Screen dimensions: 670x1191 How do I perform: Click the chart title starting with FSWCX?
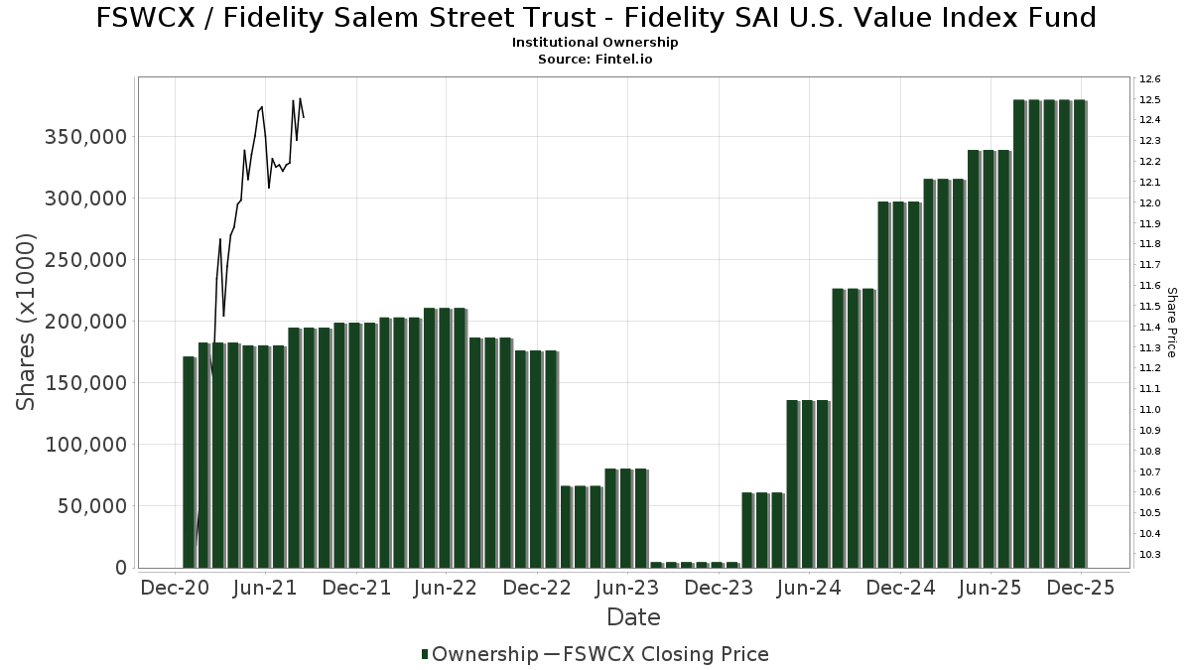coord(595,18)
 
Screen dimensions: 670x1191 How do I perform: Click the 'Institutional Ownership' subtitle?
coord(595,43)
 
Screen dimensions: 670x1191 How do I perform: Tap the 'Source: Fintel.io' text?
coord(595,60)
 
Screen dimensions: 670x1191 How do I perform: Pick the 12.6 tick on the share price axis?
coord(1149,79)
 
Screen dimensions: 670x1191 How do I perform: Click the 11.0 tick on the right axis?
coord(1149,409)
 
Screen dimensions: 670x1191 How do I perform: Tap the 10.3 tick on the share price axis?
coord(1149,554)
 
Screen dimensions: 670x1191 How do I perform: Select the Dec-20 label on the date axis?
coord(175,588)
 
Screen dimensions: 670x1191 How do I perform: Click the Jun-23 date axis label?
coord(627,588)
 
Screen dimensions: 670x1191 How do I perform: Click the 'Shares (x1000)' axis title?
coord(27,322)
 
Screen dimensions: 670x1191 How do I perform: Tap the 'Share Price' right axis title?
coord(1171,322)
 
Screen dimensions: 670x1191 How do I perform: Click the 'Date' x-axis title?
coord(633,617)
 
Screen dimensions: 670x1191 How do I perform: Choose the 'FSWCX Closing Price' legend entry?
coord(665,654)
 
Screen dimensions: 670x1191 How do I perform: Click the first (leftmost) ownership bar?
coord(189,463)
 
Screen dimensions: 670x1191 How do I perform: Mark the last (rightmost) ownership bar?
coord(1080,334)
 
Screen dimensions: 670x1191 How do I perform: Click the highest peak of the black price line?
coord(300,98)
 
